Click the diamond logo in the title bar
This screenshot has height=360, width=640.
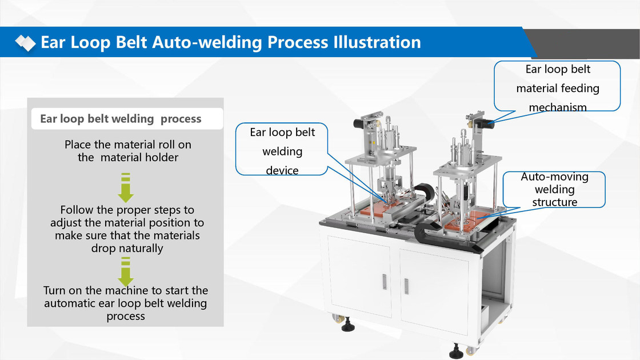click(25, 42)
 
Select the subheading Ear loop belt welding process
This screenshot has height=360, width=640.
click(121, 119)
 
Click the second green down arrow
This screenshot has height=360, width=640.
click(126, 271)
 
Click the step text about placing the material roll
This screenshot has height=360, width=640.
click(128, 151)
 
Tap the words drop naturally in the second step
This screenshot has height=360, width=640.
click(127, 249)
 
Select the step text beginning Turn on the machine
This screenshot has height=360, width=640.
click(126, 303)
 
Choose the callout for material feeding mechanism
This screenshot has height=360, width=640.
click(557, 88)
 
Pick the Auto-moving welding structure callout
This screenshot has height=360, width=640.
click(554, 189)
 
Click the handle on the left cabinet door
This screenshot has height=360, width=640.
click(384, 281)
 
